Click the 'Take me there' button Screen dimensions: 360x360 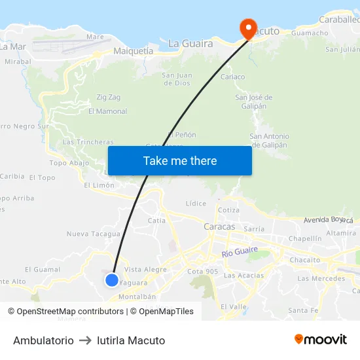click(x=180, y=160)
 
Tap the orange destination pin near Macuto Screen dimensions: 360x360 click(x=248, y=27)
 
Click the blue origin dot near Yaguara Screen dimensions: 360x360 click(x=112, y=280)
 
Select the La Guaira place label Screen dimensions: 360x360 click(x=190, y=44)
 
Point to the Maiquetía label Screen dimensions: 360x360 click(x=133, y=50)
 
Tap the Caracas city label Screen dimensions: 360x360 click(x=219, y=226)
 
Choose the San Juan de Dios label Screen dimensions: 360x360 click(x=177, y=79)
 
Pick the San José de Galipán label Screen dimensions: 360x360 click(x=254, y=101)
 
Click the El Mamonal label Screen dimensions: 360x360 click(x=107, y=111)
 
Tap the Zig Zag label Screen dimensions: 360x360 click(x=109, y=97)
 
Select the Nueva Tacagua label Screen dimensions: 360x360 click(x=93, y=234)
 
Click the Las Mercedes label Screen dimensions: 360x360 click(x=321, y=278)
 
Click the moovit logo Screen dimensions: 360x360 click(x=320, y=339)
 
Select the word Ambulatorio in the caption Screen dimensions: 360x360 click(x=43, y=340)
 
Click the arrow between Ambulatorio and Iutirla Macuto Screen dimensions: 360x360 click(x=85, y=340)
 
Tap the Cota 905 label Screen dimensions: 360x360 click(x=202, y=272)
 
